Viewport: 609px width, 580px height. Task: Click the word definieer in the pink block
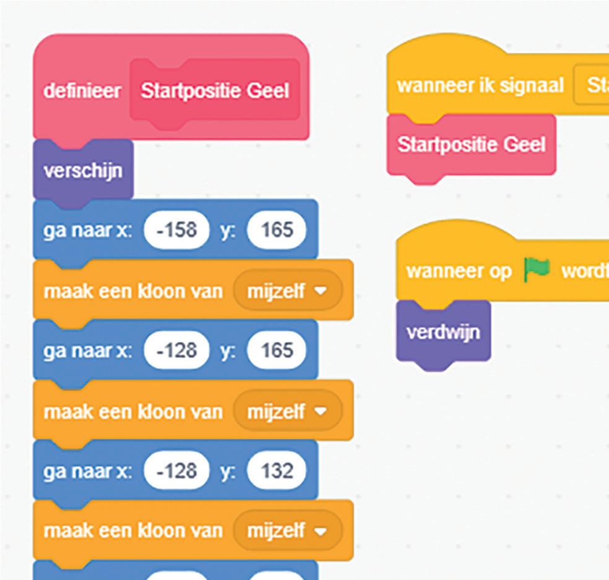82,92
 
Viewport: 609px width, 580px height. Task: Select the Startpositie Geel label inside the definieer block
215,92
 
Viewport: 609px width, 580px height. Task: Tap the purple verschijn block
82,170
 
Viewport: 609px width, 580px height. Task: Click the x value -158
177,230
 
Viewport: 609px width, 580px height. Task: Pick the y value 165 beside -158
277,230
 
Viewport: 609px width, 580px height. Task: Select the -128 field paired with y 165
177,351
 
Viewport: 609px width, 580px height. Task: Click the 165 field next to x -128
277,351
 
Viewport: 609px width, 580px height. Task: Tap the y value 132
277,471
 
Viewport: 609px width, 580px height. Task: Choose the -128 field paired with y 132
177,471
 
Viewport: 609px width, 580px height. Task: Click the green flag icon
536,271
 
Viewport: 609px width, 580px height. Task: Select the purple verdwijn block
443,333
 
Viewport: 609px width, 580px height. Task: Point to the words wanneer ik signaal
480,85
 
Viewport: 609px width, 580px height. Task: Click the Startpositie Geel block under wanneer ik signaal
471,145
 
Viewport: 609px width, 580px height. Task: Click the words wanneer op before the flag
459,271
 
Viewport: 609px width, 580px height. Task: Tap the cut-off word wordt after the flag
584,271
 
